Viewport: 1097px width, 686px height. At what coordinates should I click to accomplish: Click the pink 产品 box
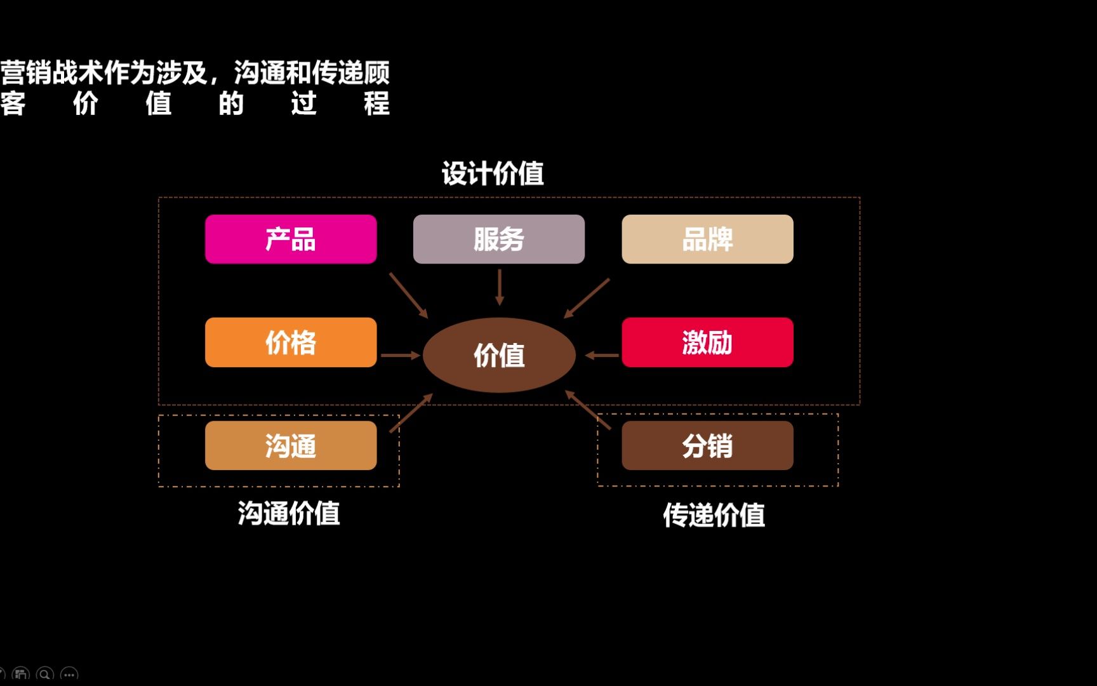291,239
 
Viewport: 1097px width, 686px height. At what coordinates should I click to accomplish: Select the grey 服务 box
498,239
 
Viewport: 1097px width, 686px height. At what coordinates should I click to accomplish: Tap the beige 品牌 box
707,239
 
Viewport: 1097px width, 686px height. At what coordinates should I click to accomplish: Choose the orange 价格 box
291,342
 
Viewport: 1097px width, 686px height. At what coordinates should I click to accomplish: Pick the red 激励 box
707,342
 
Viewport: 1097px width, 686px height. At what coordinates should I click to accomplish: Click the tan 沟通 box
291,445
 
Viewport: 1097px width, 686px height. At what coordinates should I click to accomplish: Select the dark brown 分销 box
707,445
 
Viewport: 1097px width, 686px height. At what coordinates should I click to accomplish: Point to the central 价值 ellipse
499,355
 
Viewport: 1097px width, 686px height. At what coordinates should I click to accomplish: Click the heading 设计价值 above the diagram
493,173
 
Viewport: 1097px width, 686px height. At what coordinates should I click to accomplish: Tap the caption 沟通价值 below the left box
289,513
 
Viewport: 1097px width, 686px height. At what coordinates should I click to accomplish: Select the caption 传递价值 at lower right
714,514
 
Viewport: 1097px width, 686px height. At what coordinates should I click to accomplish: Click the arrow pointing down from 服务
500,287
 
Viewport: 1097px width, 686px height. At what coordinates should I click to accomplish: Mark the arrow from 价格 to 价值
400,355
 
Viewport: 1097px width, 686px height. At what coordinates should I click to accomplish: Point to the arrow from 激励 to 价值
601,355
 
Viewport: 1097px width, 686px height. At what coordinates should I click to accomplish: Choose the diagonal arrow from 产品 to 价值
408,295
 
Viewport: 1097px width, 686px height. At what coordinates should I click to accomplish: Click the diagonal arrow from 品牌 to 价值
587,298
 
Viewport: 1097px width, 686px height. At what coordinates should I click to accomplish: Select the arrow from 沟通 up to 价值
411,413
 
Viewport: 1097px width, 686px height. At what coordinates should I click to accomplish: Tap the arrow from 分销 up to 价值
588,410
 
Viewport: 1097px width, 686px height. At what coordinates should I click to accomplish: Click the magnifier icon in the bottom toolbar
45,675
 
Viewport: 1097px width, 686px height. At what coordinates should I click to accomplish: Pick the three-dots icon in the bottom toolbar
69,675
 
